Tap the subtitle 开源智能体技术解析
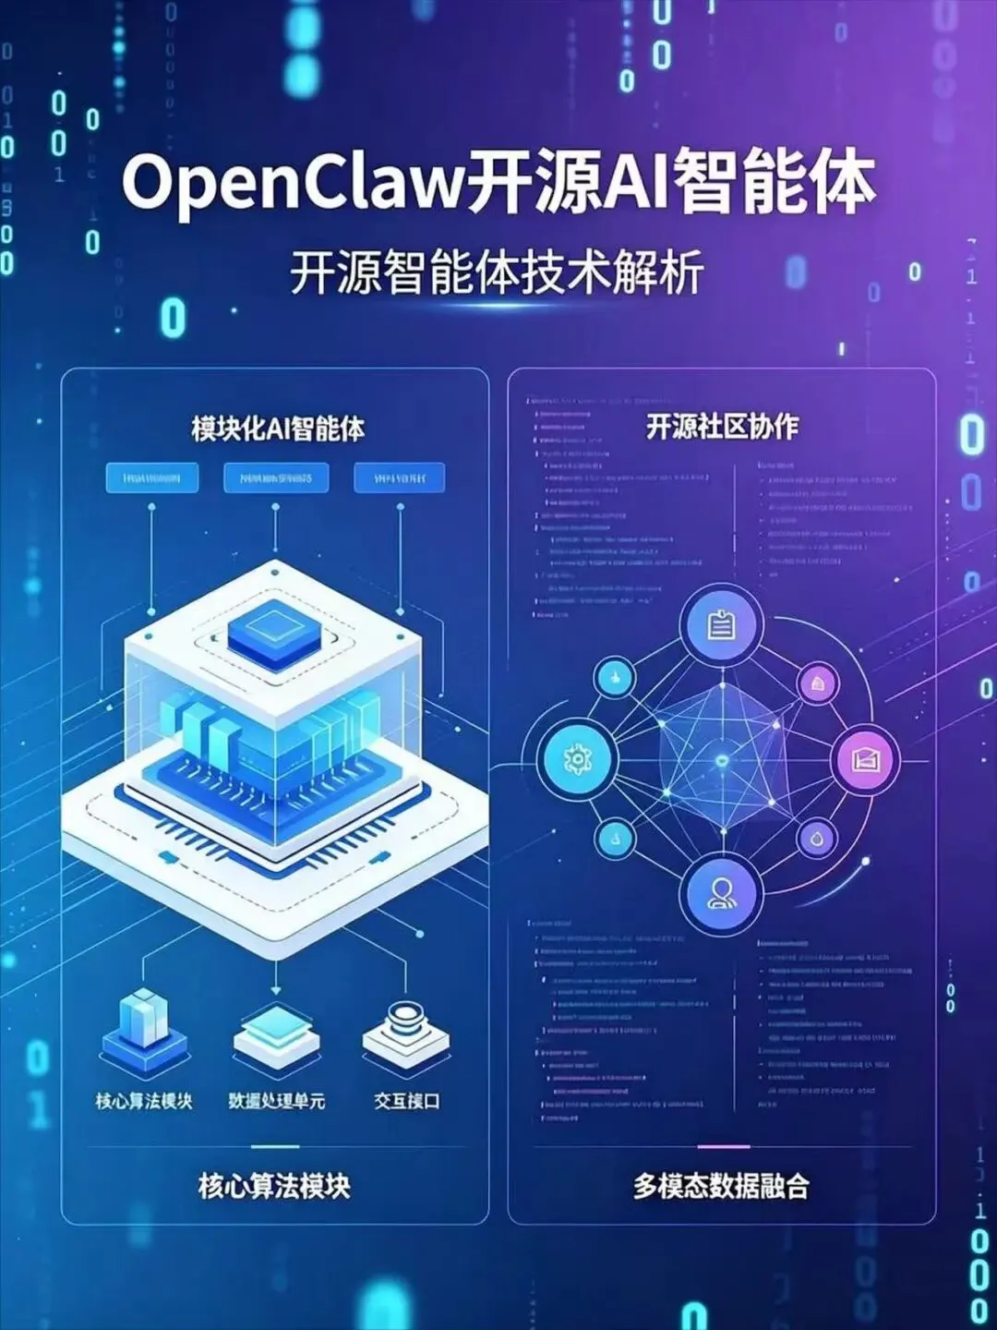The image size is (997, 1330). click(x=498, y=272)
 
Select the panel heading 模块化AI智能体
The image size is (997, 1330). click(x=278, y=429)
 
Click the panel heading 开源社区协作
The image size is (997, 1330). click(x=722, y=427)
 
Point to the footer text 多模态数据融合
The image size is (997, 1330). click(x=721, y=1186)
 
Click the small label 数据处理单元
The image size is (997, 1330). click(x=277, y=1101)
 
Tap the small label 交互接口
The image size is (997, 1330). click(x=406, y=1101)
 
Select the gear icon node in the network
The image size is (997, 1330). click(x=577, y=761)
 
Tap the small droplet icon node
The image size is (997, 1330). click(x=817, y=839)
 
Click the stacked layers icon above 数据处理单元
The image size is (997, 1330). click(x=276, y=1033)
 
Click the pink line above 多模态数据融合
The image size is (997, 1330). click(x=723, y=1146)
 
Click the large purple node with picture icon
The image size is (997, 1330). click(x=865, y=760)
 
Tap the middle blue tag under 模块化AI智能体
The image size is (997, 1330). click(x=276, y=478)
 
